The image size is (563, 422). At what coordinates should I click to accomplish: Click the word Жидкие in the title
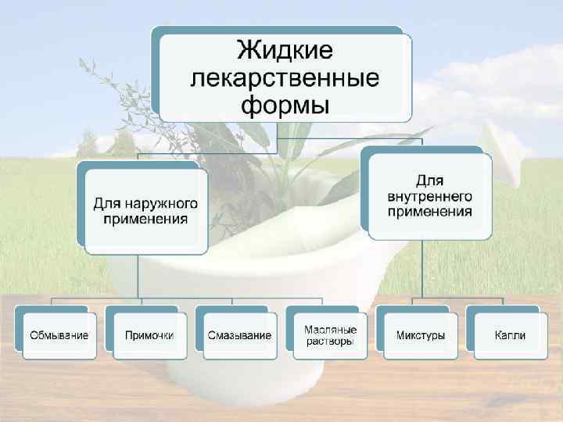[x=285, y=51]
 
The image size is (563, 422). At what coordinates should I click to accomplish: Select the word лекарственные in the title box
[x=285, y=78]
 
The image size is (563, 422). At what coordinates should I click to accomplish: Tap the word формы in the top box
[x=285, y=104]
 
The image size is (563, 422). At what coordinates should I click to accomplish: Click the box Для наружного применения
[x=145, y=210]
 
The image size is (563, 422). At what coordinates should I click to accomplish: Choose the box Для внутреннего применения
[x=429, y=196]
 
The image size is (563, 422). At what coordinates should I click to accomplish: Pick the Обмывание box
[x=59, y=335]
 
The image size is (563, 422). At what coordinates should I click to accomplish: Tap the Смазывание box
[x=240, y=335]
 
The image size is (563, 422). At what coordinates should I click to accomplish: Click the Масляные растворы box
[x=330, y=335]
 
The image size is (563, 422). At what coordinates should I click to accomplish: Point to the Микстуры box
[x=421, y=335]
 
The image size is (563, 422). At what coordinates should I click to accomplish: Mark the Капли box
[x=510, y=335]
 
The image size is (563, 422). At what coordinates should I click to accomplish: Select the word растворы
[x=330, y=342]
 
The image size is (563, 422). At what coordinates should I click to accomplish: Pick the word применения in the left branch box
[x=145, y=219]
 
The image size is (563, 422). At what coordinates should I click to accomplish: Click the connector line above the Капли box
[x=503, y=302]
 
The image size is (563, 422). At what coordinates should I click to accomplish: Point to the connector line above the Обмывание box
[x=52, y=302]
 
